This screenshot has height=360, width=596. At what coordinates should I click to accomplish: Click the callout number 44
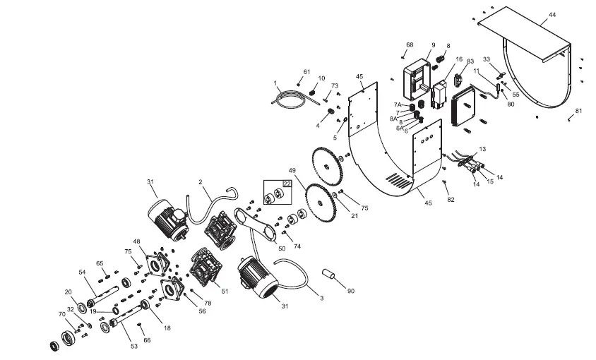[x=552, y=15]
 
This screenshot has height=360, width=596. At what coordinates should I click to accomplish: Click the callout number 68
[x=410, y=45]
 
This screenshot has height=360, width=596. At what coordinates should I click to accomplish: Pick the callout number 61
[x=306, y=72]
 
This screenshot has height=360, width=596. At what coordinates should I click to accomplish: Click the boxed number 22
[x=287, y=184]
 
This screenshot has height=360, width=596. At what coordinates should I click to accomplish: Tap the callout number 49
[x=291, y=172]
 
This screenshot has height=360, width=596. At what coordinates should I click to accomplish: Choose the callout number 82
[x=451, y=200]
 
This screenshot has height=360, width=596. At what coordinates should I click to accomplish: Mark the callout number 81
[x=578, y=111]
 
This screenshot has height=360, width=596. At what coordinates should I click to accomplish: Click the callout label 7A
[x=398, y=104]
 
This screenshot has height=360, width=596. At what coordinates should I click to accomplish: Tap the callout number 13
[x=482, y=150]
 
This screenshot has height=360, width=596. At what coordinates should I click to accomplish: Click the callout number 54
[x=81, y=272]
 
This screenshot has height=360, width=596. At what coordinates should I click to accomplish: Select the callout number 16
[x=459, y=60]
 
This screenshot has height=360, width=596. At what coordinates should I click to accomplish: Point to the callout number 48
[x=137, y=241]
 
